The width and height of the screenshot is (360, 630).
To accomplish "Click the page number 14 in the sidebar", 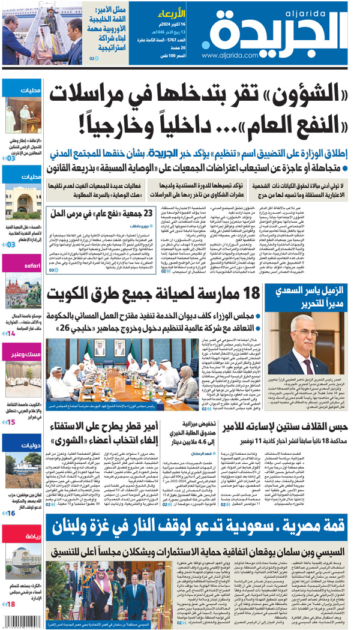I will point(11,333).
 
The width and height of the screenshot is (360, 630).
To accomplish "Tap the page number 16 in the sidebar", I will point(11,513).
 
